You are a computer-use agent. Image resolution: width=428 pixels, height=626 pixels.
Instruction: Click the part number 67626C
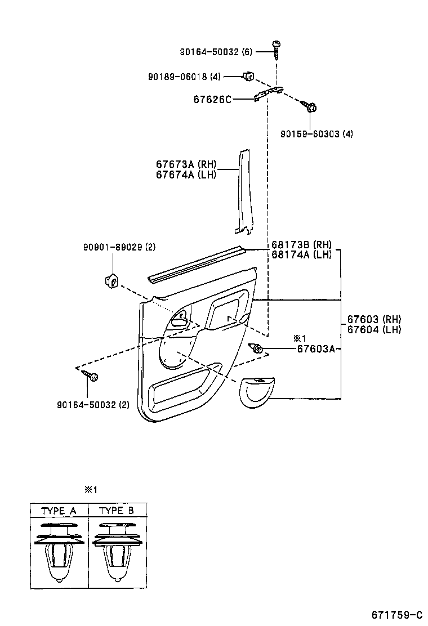point(212,99)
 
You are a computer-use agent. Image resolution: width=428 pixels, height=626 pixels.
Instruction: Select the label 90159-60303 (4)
point(317,134)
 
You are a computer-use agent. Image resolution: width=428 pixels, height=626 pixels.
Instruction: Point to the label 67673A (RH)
point(186,164)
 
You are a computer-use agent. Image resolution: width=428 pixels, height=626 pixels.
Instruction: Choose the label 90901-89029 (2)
point(119,247)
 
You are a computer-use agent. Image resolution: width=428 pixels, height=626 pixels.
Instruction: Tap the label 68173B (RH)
point(301,245)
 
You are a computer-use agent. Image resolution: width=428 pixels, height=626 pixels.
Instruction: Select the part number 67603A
point(316,349)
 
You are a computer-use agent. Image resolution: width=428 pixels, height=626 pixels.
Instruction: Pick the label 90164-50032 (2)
point(93,404)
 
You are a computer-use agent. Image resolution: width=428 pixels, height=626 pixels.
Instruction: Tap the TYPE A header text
point(59,511)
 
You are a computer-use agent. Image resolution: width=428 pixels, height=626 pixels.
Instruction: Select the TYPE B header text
point(117,511)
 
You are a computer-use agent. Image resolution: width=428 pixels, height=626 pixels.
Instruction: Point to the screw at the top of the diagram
point(276,50)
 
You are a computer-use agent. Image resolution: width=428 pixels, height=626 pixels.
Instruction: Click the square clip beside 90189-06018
point(248,76)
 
